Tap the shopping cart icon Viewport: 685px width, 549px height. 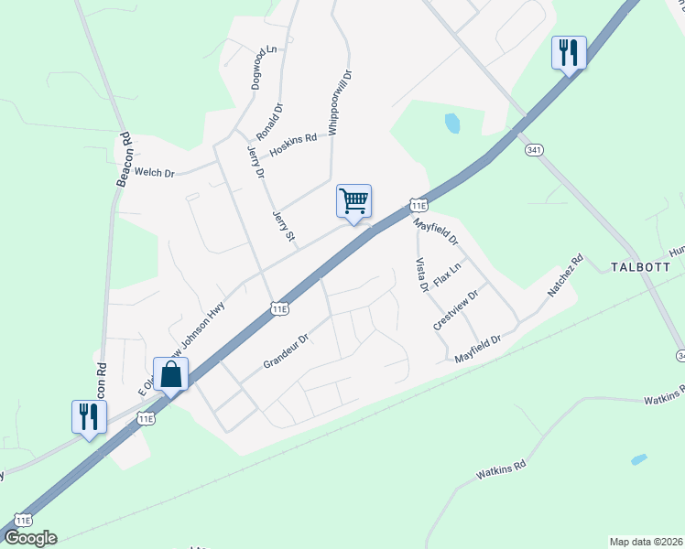353,200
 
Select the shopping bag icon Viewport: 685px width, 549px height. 171,373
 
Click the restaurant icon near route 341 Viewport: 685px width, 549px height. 568,53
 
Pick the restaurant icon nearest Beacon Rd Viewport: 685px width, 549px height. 89,417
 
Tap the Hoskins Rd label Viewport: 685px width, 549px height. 293,143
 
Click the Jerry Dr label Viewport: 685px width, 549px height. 256,161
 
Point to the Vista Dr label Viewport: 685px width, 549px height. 422,274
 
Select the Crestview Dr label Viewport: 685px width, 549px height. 456,309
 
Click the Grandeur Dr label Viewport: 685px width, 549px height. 288,351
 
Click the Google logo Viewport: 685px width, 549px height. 30,538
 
